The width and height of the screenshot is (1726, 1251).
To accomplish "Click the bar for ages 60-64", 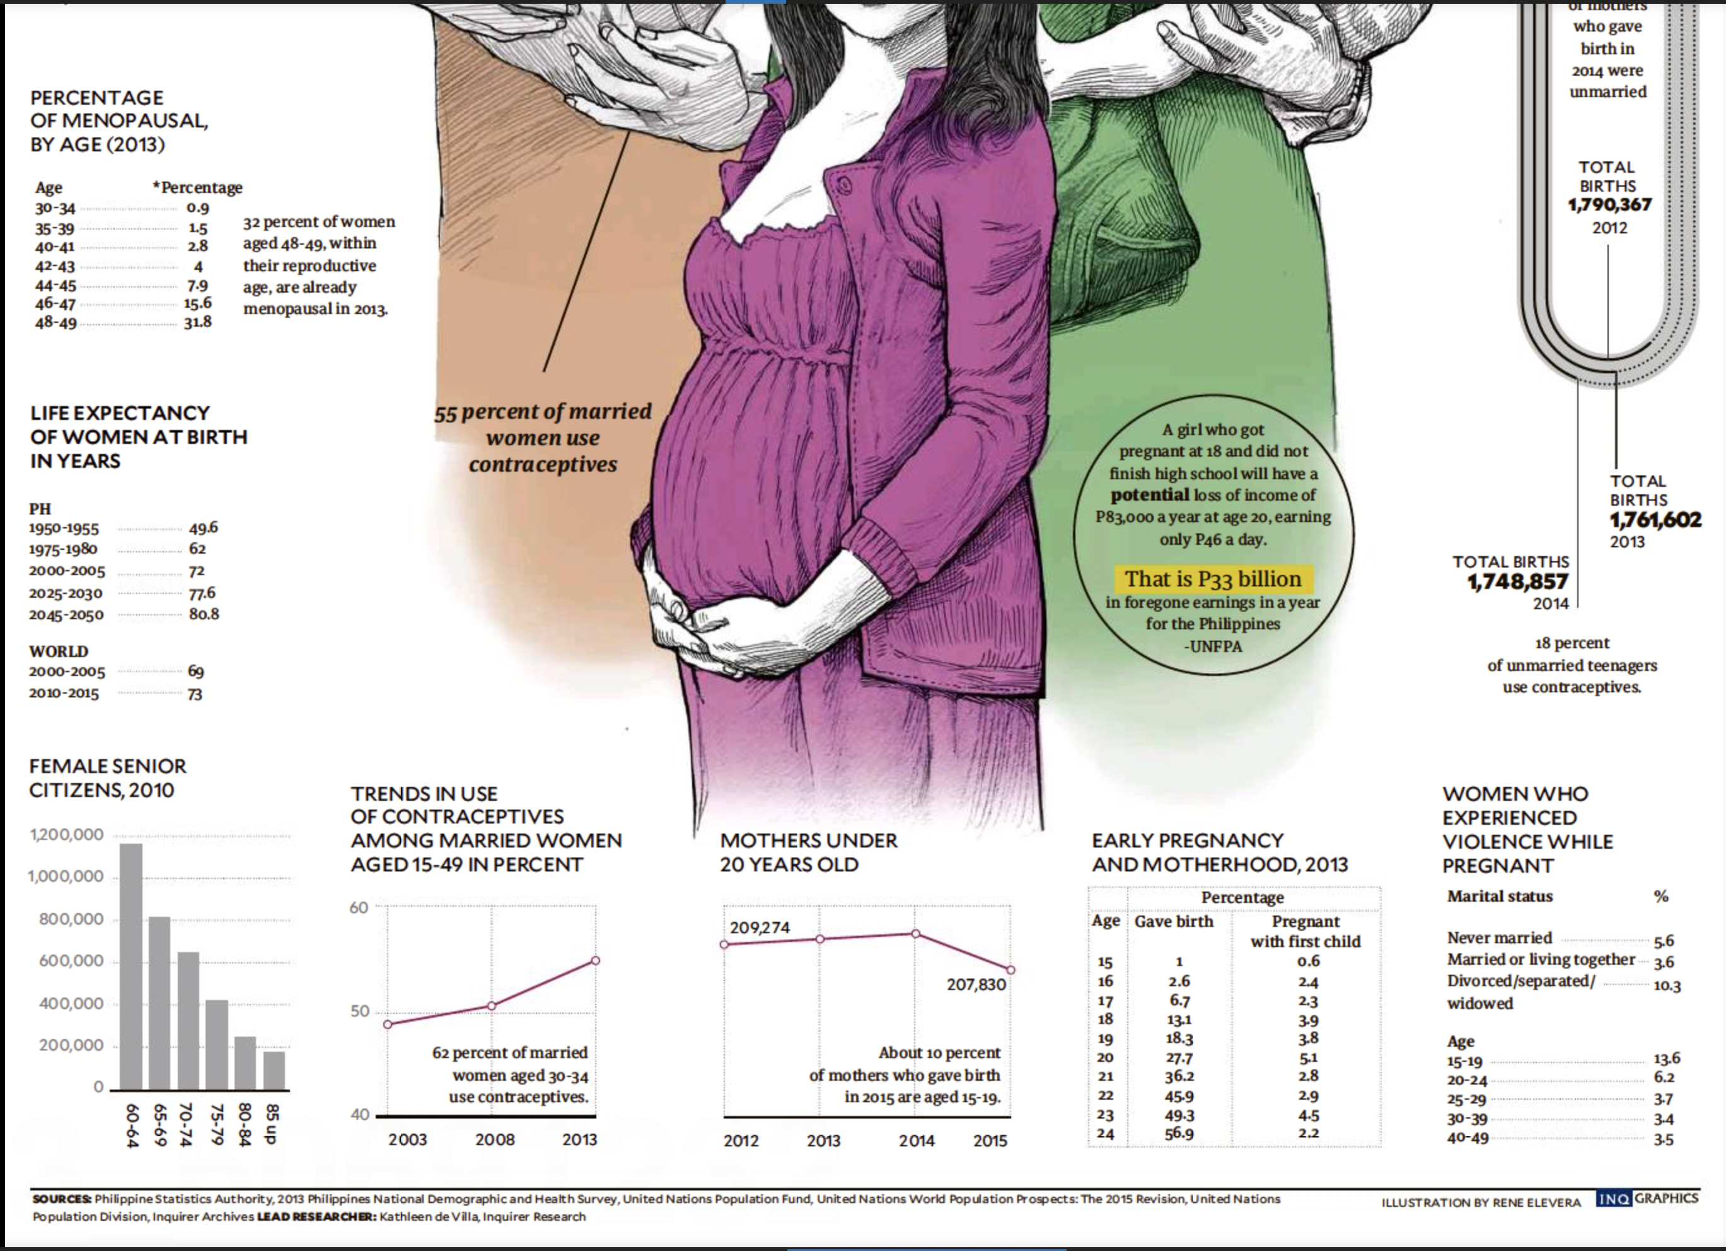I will point(131,967).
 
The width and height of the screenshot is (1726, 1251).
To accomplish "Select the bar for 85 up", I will point(274,1071).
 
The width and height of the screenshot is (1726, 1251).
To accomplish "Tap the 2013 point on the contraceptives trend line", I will point(595,961).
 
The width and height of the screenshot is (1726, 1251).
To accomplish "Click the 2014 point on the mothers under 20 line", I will point(915,933).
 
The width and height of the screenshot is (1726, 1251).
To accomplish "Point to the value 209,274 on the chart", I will point(760,928).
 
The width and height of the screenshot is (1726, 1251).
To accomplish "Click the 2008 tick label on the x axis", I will point(495,1140).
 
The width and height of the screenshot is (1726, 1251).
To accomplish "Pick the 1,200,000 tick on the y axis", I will point(67,834).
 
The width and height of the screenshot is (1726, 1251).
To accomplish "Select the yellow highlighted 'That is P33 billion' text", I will point(1213,579).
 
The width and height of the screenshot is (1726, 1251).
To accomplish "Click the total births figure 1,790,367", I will point(1609,205).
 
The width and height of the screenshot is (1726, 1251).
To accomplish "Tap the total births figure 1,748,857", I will point(1517,582).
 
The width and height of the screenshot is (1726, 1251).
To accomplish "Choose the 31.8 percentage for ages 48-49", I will point(197,322).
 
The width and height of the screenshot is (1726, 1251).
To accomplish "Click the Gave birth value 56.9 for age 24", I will point(1179,1134).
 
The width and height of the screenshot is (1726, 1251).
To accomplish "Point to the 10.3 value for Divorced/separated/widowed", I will point(1667,986).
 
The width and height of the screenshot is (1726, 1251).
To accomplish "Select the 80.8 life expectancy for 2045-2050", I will point(204,614).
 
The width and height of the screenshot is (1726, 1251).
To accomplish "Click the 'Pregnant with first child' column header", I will point(1305,931).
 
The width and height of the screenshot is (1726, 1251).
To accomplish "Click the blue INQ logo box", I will point(1613,1199).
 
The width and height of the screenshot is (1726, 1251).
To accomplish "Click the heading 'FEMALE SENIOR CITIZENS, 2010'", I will point(107,777).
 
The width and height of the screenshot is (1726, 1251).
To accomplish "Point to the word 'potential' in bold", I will point(1149,495).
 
